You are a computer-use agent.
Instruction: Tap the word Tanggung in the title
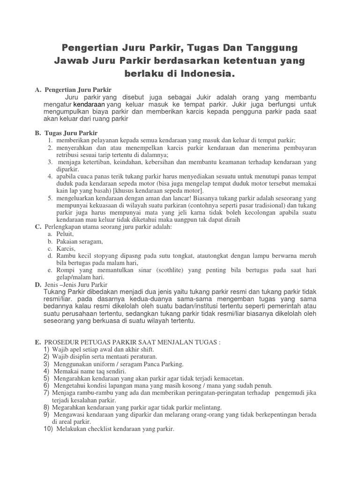pos(266,48)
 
